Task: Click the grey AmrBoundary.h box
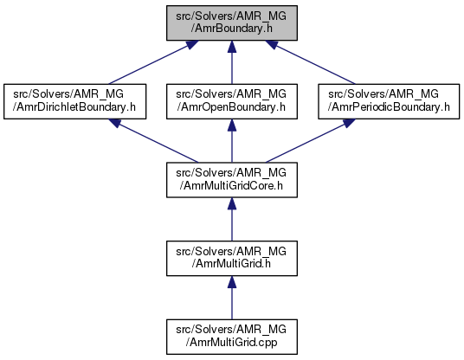232,22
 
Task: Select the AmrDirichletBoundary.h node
74,101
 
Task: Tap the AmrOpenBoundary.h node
232,101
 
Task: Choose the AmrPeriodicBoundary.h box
389,101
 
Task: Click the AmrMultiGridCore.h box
232,180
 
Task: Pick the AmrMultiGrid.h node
232,258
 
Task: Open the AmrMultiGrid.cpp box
232,337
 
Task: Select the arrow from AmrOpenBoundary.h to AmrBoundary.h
232,62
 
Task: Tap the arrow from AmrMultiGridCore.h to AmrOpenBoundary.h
232,141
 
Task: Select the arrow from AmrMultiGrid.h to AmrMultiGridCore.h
232,219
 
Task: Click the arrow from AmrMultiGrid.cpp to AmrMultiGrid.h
232,298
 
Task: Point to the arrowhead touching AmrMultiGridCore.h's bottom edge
232,203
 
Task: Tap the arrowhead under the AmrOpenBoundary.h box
232,125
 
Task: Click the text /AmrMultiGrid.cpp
231,342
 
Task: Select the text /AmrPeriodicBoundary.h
389,106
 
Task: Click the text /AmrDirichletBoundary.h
74,106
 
